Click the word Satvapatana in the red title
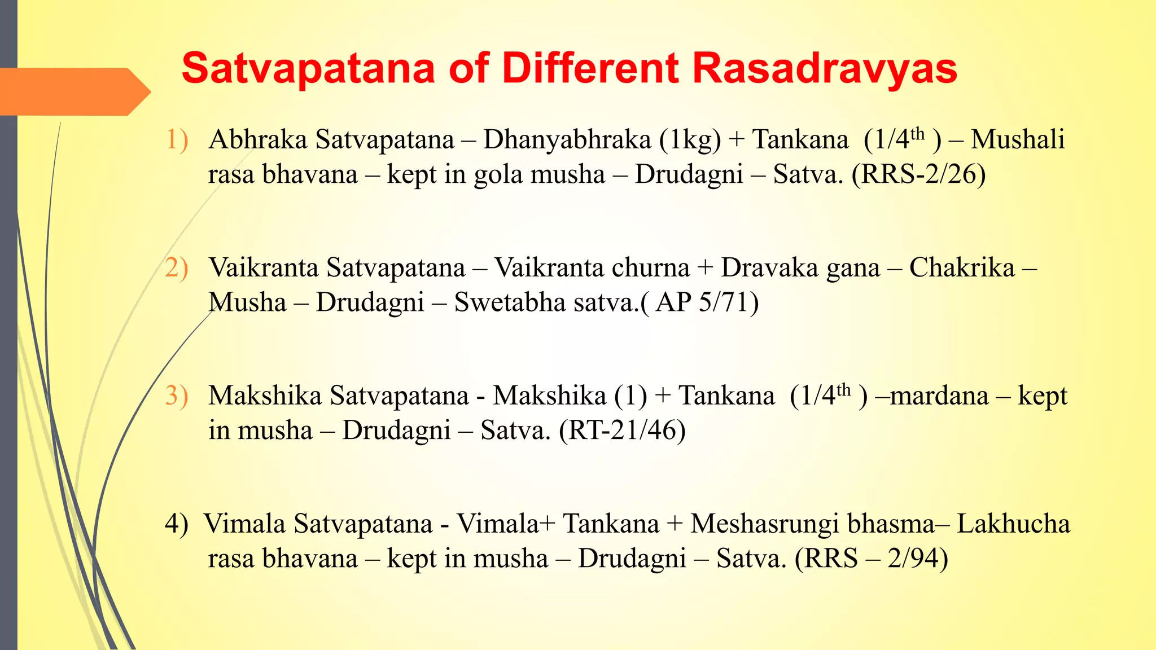pos(308,69)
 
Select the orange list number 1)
pos(177,139)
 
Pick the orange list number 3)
pos(177,396)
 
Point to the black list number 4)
pos(177,524)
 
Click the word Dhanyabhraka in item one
pos(567,140)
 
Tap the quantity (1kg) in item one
pos(690,140)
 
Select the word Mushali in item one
pos(1017,140)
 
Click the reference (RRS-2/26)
pos(919,174)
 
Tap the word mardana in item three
pos(939,396)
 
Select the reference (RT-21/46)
pos(622,431)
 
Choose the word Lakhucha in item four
pos(1013,524)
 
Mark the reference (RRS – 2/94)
pos(871,559)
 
